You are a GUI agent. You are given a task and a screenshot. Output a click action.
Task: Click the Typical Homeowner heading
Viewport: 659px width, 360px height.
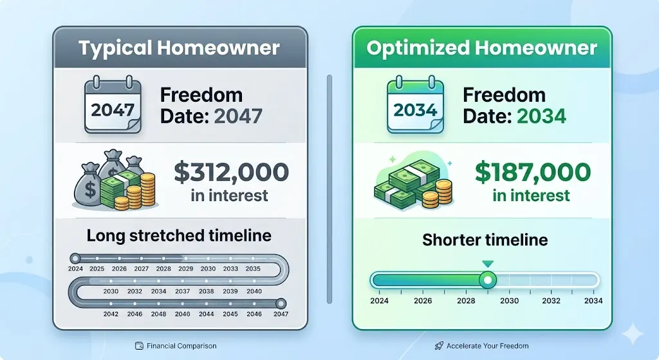point(179,48)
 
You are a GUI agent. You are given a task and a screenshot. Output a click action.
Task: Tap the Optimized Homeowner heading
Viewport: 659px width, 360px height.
point(481,48)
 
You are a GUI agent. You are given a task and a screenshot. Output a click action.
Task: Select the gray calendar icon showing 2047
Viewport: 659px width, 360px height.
point(113,104)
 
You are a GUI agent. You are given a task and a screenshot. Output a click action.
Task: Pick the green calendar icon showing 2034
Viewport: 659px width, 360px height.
point(415,104)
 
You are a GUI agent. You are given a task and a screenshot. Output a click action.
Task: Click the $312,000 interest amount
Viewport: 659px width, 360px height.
point(231,172)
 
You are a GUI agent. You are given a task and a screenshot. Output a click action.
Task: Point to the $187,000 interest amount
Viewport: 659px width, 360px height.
point(533,172)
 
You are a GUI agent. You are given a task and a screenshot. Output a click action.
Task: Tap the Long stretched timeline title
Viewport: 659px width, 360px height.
point(179,236)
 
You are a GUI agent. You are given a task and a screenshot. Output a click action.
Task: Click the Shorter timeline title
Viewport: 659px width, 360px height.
point(485,240)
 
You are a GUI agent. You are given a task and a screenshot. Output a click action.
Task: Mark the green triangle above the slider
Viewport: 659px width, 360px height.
point(488,264)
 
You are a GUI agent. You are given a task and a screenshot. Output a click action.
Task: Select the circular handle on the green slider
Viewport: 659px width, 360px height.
point(488,280)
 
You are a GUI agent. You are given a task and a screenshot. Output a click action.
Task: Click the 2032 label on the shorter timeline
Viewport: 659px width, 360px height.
point(551,301)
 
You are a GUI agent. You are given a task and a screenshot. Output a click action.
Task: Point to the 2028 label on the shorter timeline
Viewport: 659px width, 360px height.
point(466,301)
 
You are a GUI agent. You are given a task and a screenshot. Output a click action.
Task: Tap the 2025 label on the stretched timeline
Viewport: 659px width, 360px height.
point(97,269)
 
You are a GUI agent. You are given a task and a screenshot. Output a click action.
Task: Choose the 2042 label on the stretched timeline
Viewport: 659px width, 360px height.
point(111,314)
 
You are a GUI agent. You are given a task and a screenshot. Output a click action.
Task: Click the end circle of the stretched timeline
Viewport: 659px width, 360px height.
point(281,303)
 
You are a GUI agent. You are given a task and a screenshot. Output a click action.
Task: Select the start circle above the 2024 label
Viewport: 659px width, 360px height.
point(75,258)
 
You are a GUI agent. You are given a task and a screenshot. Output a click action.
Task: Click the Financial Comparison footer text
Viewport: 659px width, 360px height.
point(181,346)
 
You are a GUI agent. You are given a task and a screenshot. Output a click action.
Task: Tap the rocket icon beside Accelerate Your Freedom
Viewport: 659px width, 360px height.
point(439,346)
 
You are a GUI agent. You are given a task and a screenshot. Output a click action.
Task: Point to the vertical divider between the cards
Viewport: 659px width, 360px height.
point(329,189)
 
